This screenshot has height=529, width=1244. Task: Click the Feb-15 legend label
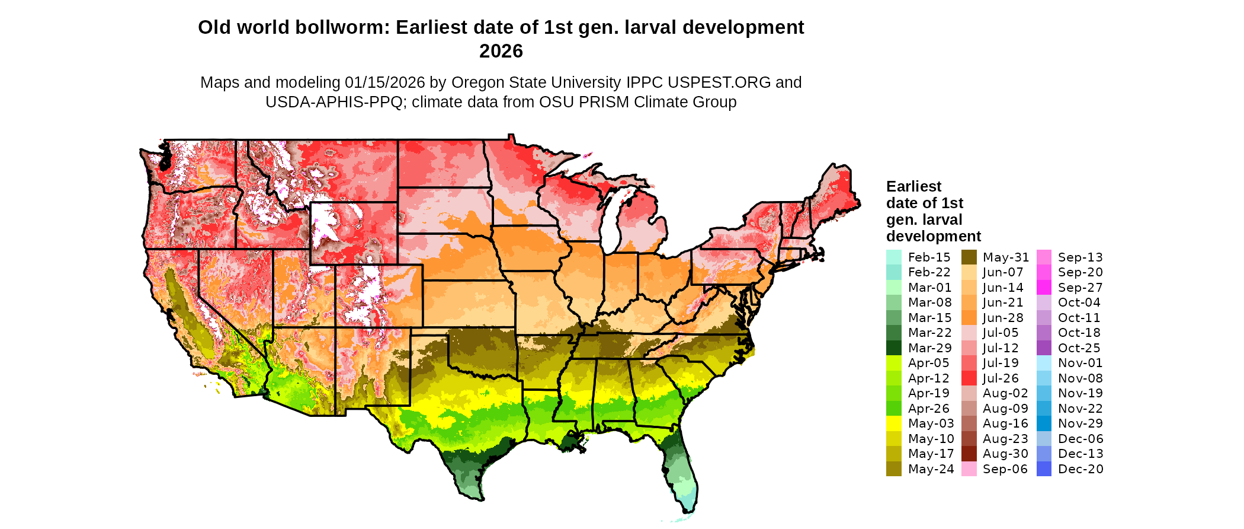[x=928, y=257]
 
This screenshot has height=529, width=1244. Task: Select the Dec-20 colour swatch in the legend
[x=1044, y=469]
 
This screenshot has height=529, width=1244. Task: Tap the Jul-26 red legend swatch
[x=969, y=378]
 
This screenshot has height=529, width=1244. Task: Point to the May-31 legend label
[x=1005, y=257]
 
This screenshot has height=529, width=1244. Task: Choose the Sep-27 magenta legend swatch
[x=1044, y=288]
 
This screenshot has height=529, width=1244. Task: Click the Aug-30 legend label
[x=1005, y=454]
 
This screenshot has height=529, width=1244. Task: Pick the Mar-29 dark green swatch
[x=893, y=348]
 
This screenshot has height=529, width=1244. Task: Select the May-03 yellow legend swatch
[x=893, y=423]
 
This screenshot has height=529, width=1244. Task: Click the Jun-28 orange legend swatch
[x=969, y=318]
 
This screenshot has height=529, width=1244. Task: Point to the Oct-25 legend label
[x=1079, y=348]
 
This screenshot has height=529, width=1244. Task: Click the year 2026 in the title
[x=501, y=51]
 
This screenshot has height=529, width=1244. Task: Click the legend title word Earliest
[x=913, y=186]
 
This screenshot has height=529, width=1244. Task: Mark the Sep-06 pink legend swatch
[x=969, y=469]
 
